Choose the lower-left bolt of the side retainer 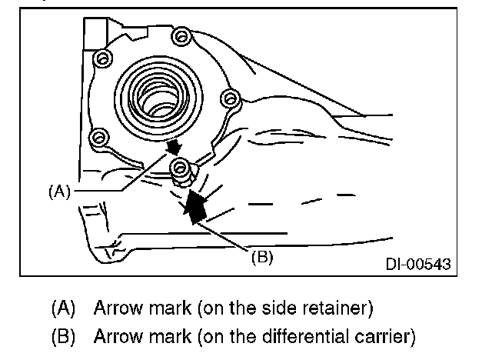coord(97,139)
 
